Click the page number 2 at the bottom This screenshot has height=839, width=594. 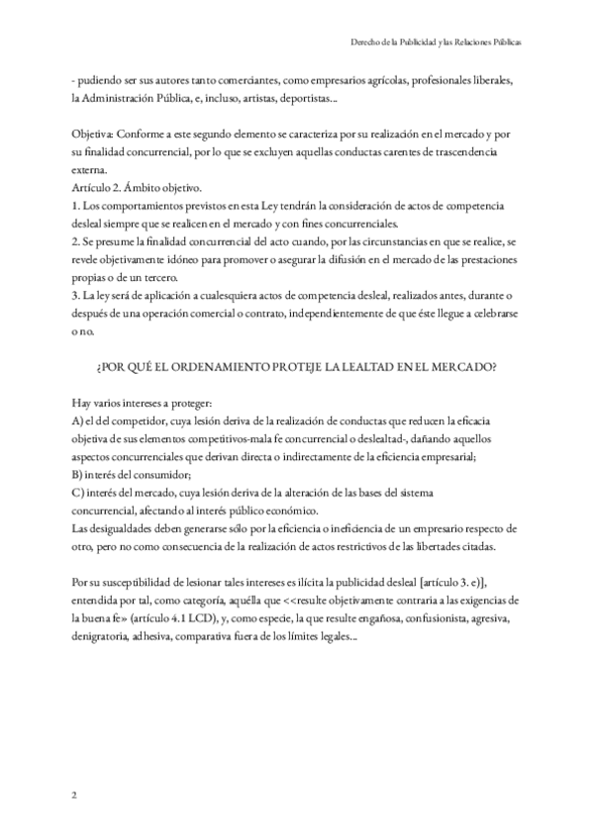pos(74,794)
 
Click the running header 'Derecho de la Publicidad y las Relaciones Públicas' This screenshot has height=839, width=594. pos(437,44)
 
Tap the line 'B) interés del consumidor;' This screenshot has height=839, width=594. pos(134,474)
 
